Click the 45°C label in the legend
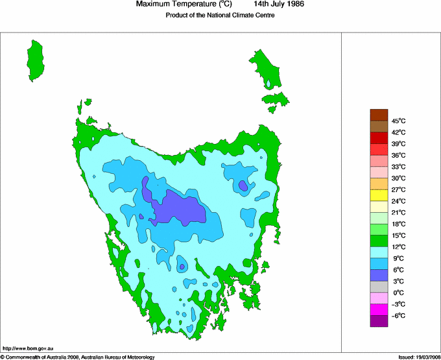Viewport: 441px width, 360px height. pos(398,121)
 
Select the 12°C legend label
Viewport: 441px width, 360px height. pos(398,246)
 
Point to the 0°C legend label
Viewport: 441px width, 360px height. pos(398,293)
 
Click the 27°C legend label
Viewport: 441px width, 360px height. pos(398,189)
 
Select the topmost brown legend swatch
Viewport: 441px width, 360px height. pos(379,115)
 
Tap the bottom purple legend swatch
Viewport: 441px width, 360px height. pos(379,321)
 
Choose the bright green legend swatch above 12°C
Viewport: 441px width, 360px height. pos(379,241)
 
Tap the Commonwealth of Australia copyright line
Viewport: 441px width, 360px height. pos(78,357)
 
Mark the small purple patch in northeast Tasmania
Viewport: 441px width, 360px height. pos(243,186)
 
